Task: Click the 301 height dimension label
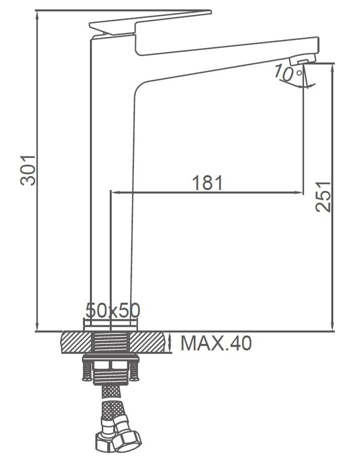(28, 171)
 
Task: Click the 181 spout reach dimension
(207, 183)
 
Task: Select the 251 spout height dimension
(323, 197)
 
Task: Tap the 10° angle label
(288, 73)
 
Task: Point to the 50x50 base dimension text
(113, 310)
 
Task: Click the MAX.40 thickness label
(216, 343)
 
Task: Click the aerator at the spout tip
(303, 60)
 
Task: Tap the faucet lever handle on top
(150, 23)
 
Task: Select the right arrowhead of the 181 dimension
(298, 192)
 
